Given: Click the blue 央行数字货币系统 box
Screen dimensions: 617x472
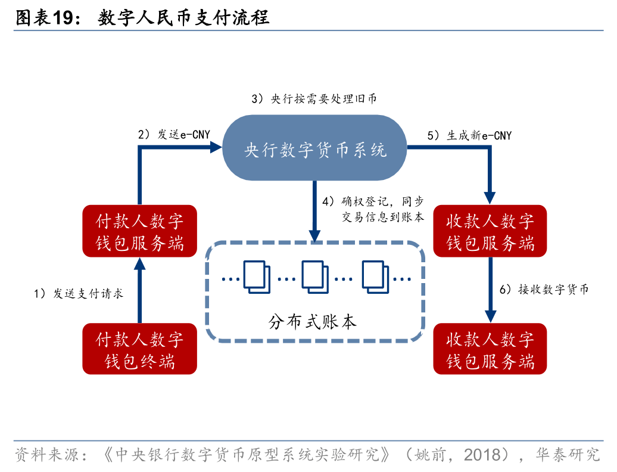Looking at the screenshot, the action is click(314, 148).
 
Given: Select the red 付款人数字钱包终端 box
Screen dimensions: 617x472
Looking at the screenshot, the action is click(140, 349).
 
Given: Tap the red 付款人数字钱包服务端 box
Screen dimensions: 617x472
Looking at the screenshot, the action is click(140, 231).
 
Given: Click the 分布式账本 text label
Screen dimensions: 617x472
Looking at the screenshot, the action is click(313, 322).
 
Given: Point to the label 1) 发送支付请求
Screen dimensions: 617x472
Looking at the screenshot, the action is click(79, 293).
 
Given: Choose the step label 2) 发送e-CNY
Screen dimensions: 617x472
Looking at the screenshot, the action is click(174, 135).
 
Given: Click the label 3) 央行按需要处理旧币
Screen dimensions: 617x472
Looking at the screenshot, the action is click(314, 98).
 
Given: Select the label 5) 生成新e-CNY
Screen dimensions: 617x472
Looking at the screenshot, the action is click(469, 135).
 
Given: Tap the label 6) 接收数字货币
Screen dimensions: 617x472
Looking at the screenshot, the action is click(544, 290).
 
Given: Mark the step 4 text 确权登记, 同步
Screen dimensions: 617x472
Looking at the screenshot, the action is click(382, 201).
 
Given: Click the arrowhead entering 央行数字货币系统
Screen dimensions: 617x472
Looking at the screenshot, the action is click(216, 148).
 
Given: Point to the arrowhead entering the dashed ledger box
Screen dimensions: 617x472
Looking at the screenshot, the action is click(314, 236).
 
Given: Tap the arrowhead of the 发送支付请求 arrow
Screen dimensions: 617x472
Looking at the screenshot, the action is click(140, 263).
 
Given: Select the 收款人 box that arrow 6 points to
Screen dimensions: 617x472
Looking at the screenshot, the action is click(490, 349).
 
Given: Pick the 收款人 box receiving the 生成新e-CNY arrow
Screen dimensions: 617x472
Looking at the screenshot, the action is click(490, 231).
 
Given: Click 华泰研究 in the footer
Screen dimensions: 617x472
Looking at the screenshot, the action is click(568, 455).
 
